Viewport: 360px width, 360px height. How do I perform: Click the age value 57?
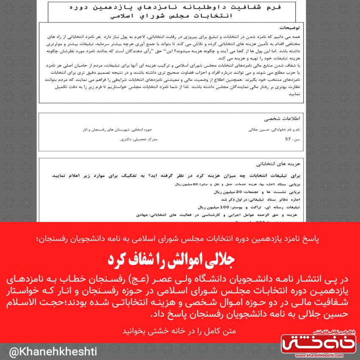pyautogui.click(x=288, y=139)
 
